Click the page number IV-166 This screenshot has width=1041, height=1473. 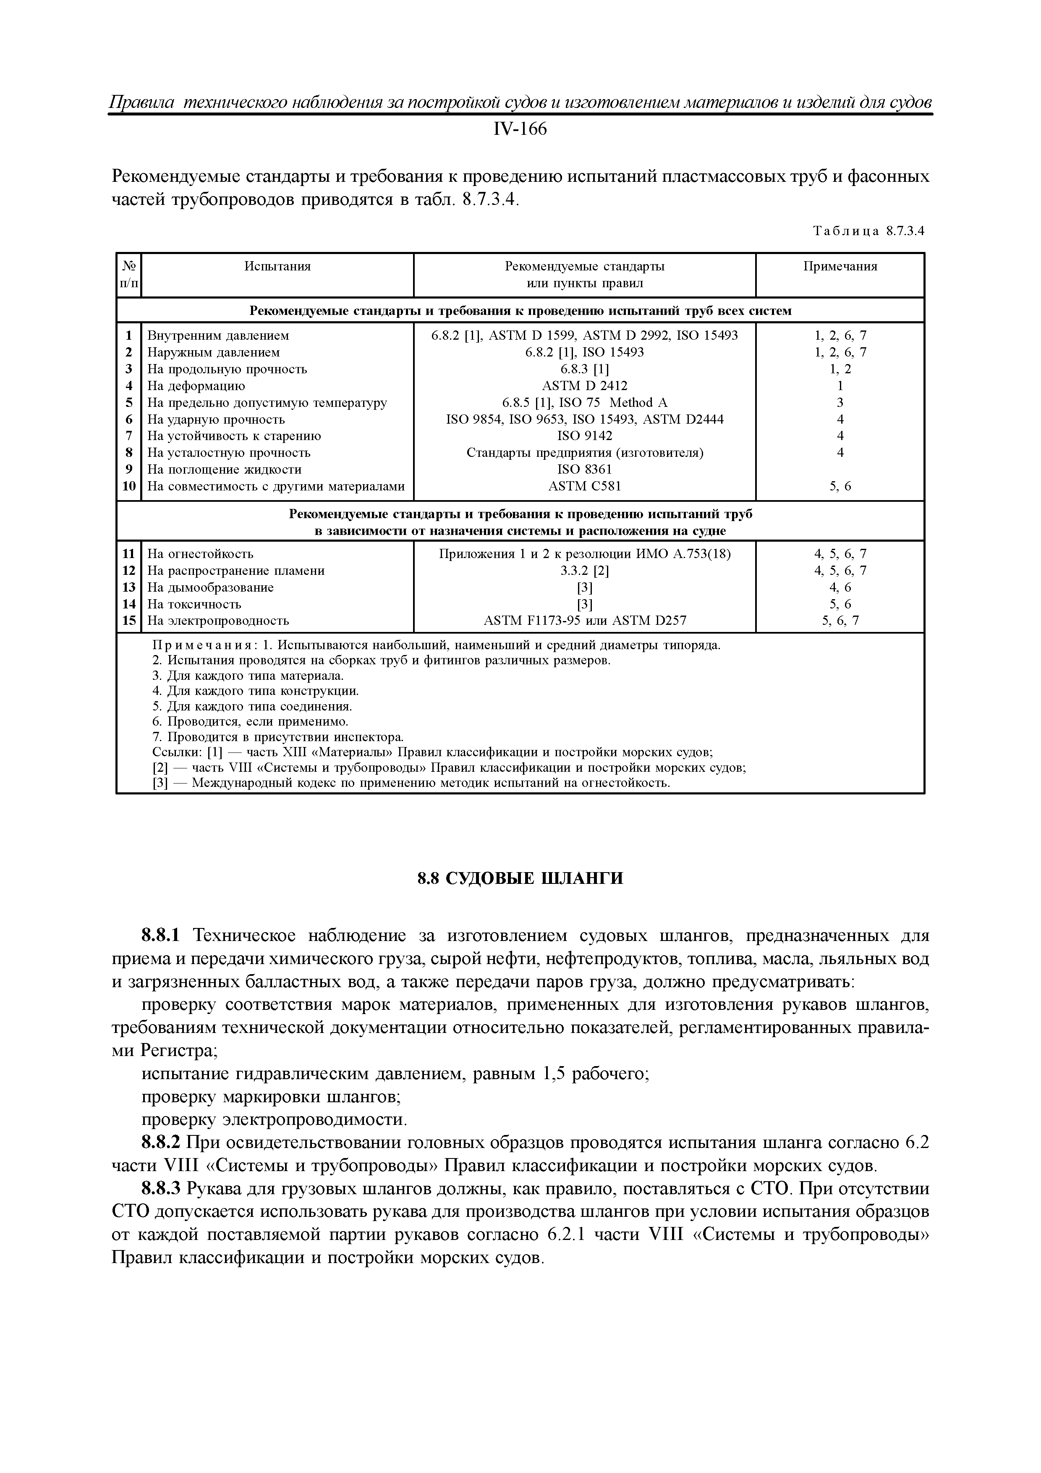coord(520,130)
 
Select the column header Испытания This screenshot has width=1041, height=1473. coord(277,266)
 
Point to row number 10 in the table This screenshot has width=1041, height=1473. coord(129,486)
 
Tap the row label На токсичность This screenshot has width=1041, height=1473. coord(194,604)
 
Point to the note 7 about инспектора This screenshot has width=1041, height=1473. coord(278,736)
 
